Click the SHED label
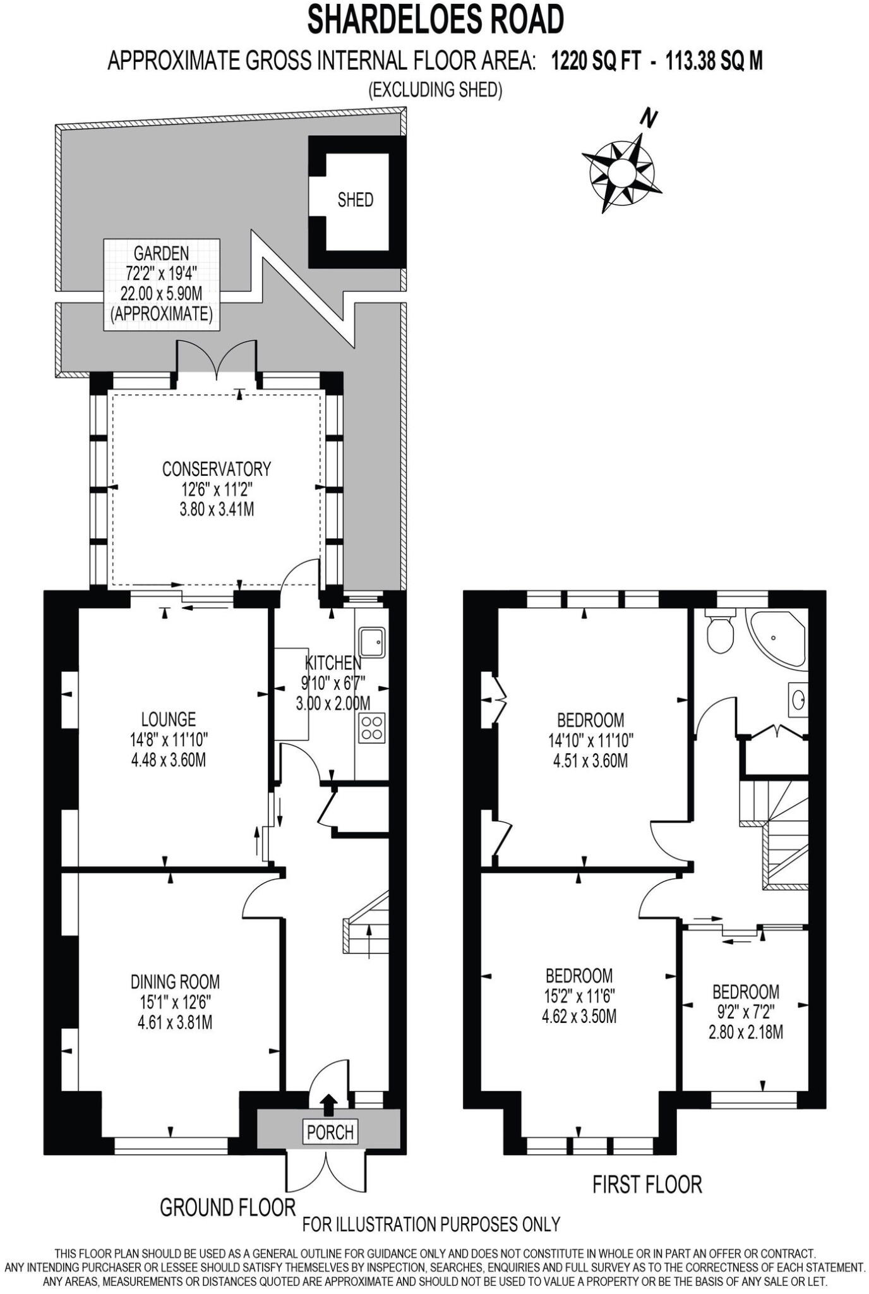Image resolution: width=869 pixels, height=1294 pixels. point(355,200)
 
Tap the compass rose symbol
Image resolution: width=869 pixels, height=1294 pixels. point(621,171)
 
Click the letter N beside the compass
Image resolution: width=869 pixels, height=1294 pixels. point(649,118)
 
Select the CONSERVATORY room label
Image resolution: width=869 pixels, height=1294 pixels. point(217,469)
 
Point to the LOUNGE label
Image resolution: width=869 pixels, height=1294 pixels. point(168,719)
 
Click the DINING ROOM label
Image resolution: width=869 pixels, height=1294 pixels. point(175,981)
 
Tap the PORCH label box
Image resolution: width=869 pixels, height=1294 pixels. point(330,1132)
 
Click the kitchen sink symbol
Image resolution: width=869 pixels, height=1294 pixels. point(373,642)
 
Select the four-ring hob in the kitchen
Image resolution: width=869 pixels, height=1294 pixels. point(373,727)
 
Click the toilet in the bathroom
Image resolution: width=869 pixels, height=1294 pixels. point(719,632)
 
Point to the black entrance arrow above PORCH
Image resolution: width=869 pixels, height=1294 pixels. point(328,1106)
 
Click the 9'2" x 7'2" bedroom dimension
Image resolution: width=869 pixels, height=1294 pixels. point(746,1012)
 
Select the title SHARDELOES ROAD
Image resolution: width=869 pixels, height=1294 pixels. point(435,20)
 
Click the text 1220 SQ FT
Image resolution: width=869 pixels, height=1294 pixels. point(596,61)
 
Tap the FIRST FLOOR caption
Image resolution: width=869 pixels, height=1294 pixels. point(647,1184)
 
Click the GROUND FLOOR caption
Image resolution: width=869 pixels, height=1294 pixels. point(227,1207)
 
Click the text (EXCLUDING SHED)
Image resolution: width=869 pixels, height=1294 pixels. point(435,90)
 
